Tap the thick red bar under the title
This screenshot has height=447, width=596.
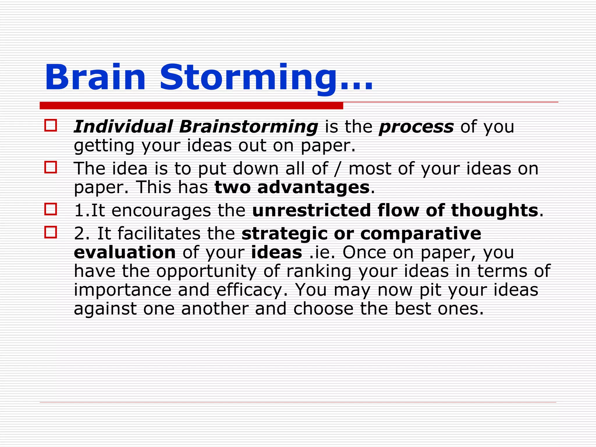click(191, 106)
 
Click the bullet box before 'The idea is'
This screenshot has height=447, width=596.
click(51, 167)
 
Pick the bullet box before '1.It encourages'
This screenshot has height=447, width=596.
click(51, 209)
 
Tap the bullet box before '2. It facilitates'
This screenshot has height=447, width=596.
click(51, 232)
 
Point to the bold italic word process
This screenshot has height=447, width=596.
click(416, 127)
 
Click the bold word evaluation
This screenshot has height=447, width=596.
click(125, 252)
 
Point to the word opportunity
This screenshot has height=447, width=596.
click(206, 272)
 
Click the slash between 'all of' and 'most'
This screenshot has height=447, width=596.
click(337, 169)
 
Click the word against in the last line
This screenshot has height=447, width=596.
click(105, 309)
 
